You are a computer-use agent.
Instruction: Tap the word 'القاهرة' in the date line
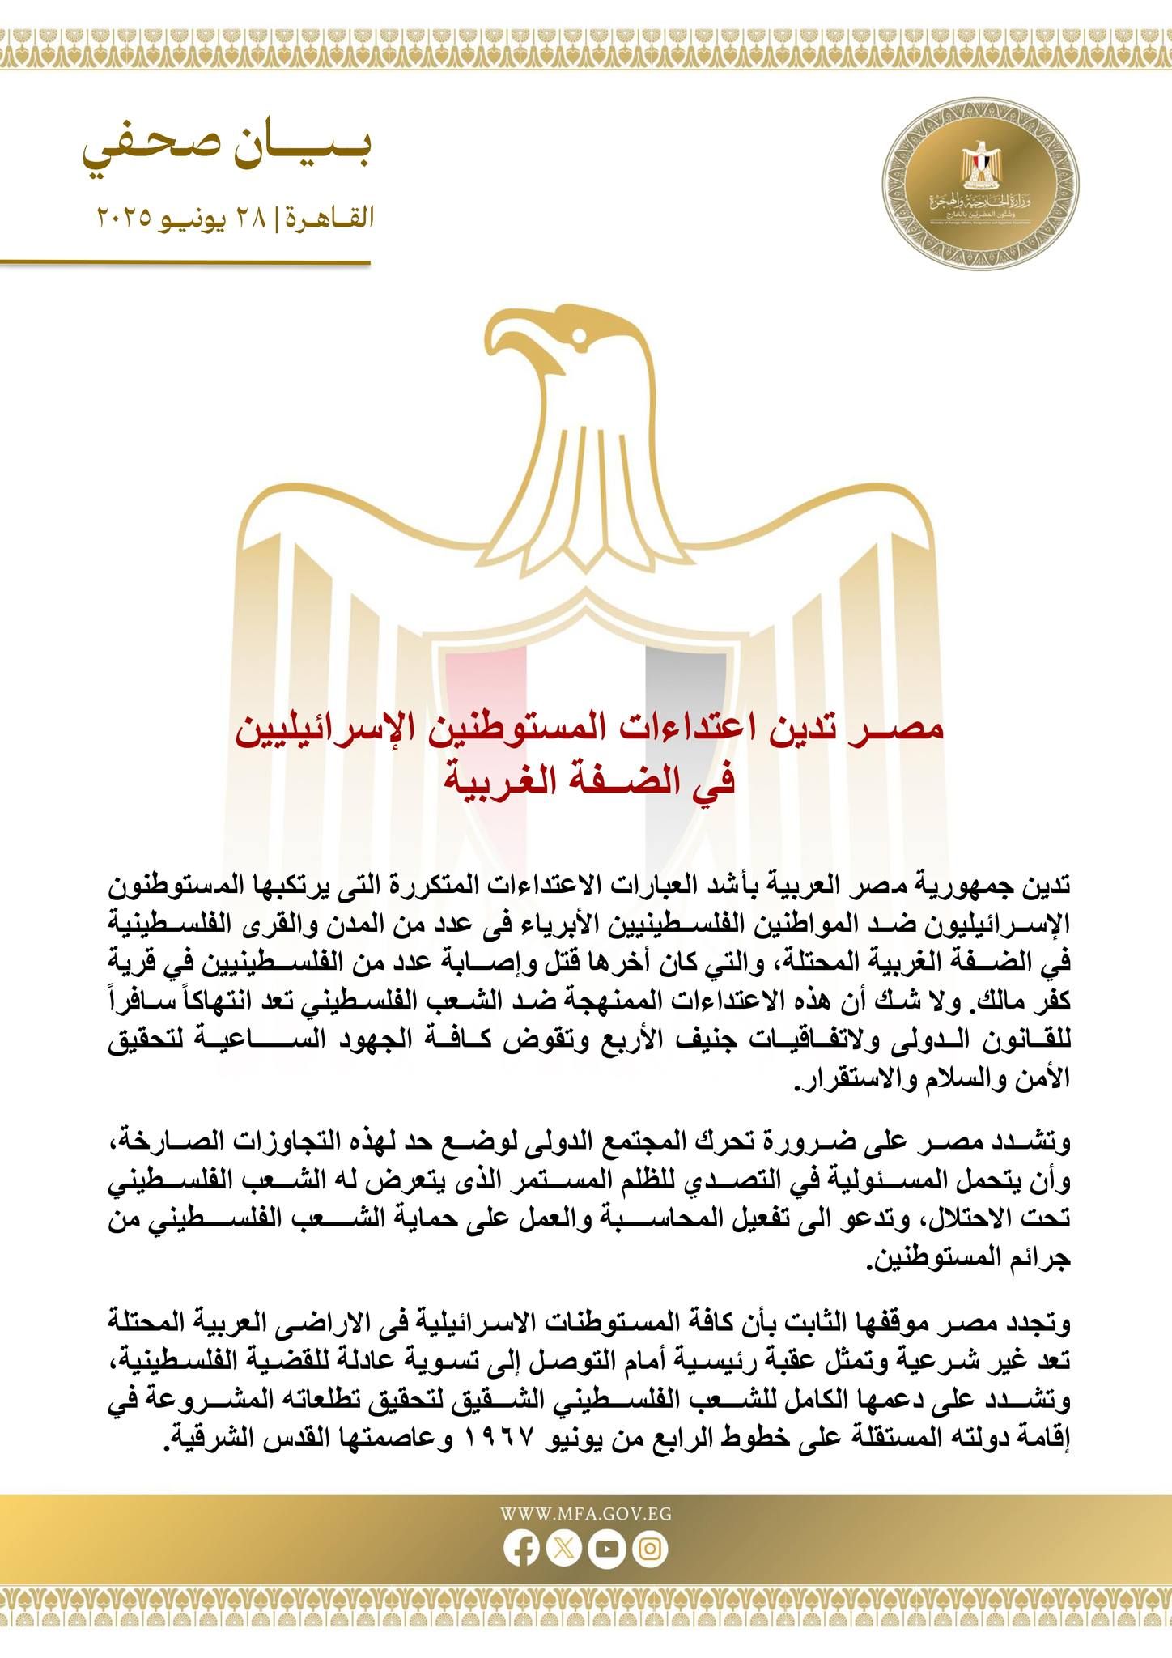[327, 218]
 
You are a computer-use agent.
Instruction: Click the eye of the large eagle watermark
[577, 334]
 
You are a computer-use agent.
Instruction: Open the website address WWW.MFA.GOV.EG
[585, 1515]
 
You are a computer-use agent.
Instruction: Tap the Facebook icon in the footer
[521, 1549]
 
